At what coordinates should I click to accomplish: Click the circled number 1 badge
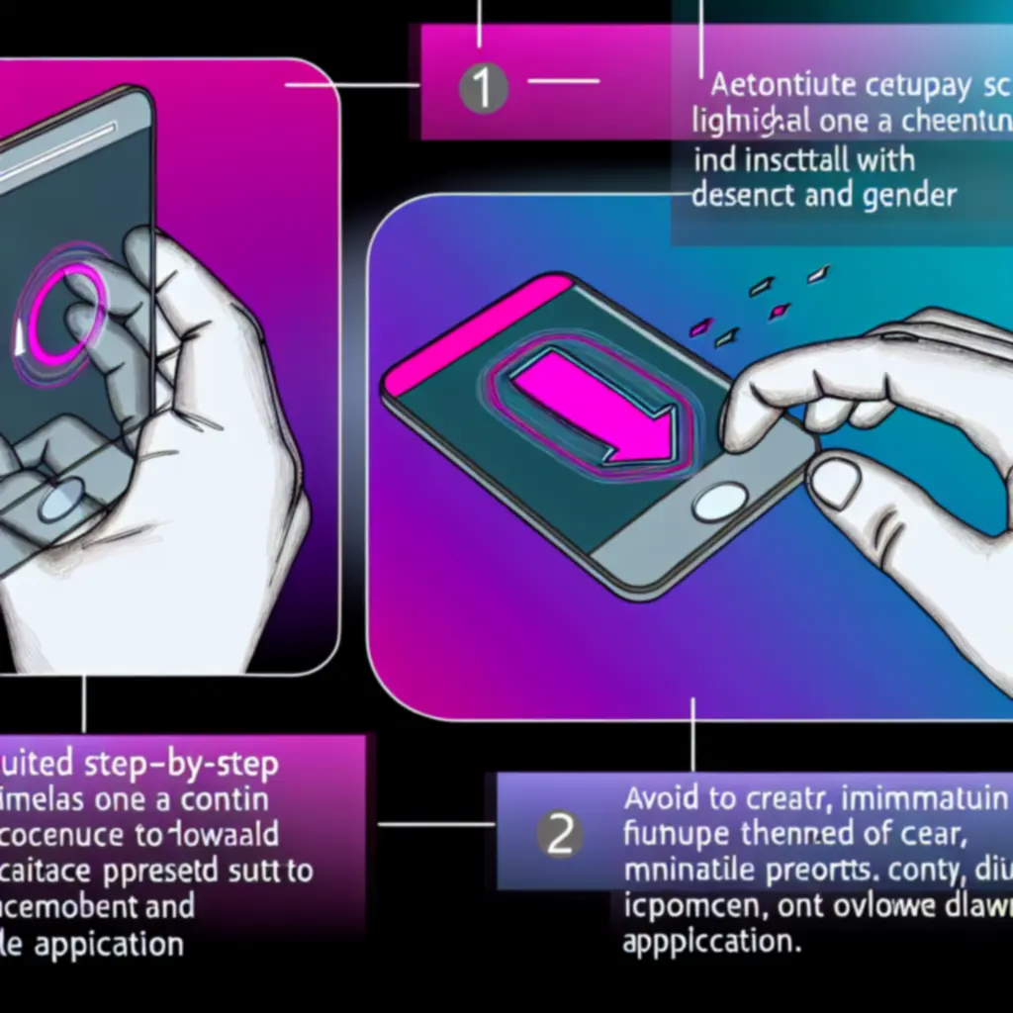click(x=484, y=89)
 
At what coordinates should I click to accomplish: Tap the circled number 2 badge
click(x=560, y=836)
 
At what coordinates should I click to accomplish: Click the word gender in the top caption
click(x=902, y=195)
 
